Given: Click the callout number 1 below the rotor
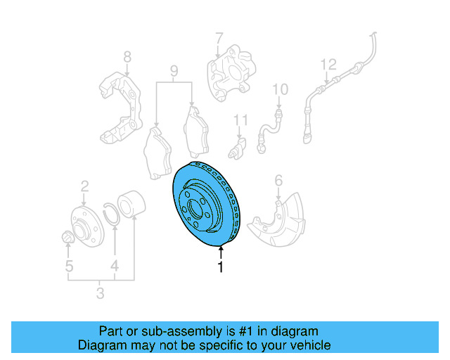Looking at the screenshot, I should [x=220, y=267].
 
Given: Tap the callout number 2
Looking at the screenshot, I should [x=84, y=186].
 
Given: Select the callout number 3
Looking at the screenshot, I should [x=99, y=292].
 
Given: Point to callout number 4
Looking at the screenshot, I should [x=114, y=266].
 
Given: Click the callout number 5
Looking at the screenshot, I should [x=69, y=266].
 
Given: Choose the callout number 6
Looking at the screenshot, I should [x=278, y=181].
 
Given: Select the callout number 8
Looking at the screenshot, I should [x=127, y=56].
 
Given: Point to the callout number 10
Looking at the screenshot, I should [x=280, y=89].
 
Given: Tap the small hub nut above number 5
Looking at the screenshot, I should [x=67, y=237].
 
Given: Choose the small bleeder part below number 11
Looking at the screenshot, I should [x=240, y=150].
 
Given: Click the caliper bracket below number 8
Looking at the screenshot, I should [x=121, y=105].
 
